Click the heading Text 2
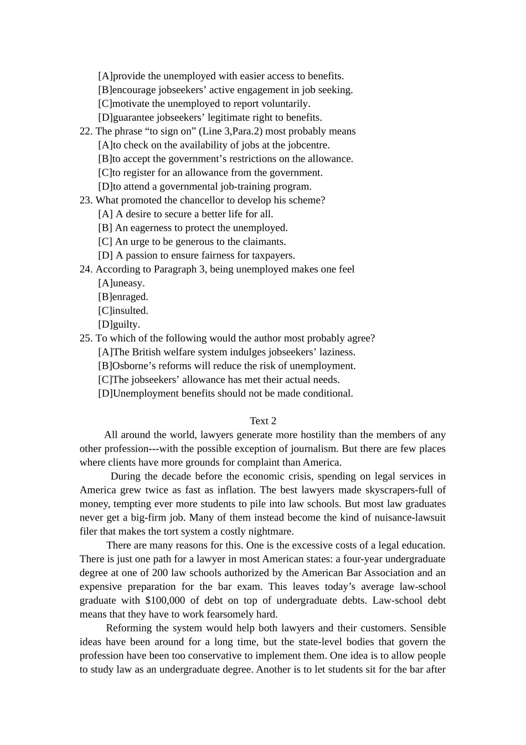pyautogui.click(x=263, y=421)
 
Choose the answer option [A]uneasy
pyautogui.click(x=121, y=283)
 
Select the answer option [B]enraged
pyautogui.click(x=123, y=297)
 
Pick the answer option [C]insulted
pyautogui.click(x=123, y=311)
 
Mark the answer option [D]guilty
pyautogui.click(x=119, y=324)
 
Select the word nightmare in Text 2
pyautogui.click(x=270, y=532)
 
